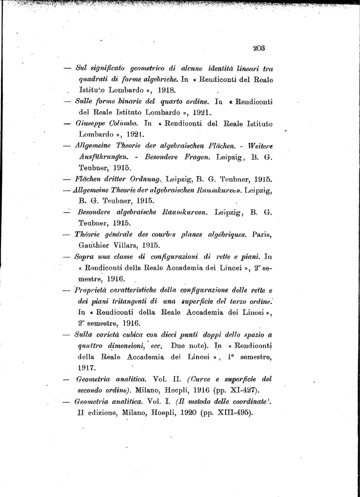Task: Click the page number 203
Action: point(258,48)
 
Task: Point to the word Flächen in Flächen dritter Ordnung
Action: point(89,179)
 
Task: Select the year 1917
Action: point(86,367)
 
